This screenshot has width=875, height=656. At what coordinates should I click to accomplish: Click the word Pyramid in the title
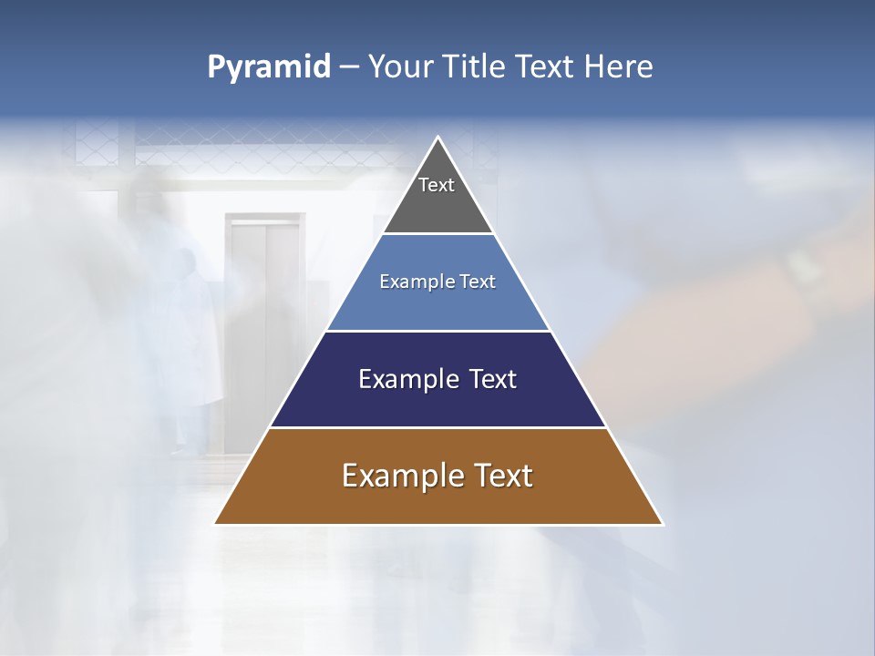click(269, 67)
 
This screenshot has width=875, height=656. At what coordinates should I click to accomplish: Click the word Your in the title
click(402, 67)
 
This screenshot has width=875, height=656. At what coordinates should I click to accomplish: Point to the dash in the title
click(349, 67)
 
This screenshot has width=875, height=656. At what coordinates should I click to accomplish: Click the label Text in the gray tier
click(437, 185)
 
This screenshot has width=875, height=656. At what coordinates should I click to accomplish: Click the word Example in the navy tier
click(405, 379)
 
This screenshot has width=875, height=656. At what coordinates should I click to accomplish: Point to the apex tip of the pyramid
click(438, 138)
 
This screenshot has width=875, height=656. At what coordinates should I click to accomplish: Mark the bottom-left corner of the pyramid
click(216, 523)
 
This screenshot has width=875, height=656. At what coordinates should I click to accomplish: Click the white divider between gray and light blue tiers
click(438, 234)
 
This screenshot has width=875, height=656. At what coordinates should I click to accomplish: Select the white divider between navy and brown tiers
click(438, 427)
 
